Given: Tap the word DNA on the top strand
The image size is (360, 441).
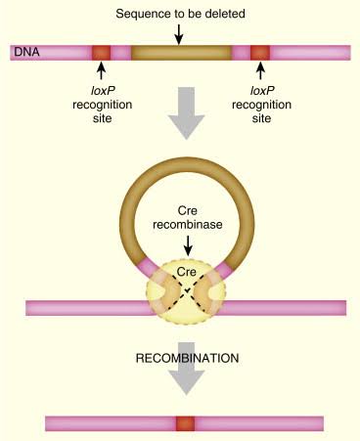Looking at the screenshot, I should [x=24, y=52].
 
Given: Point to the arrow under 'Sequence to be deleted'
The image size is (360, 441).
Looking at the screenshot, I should [x=179, y=32].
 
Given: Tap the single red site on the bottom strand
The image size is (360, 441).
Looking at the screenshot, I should [x=184, y=423].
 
